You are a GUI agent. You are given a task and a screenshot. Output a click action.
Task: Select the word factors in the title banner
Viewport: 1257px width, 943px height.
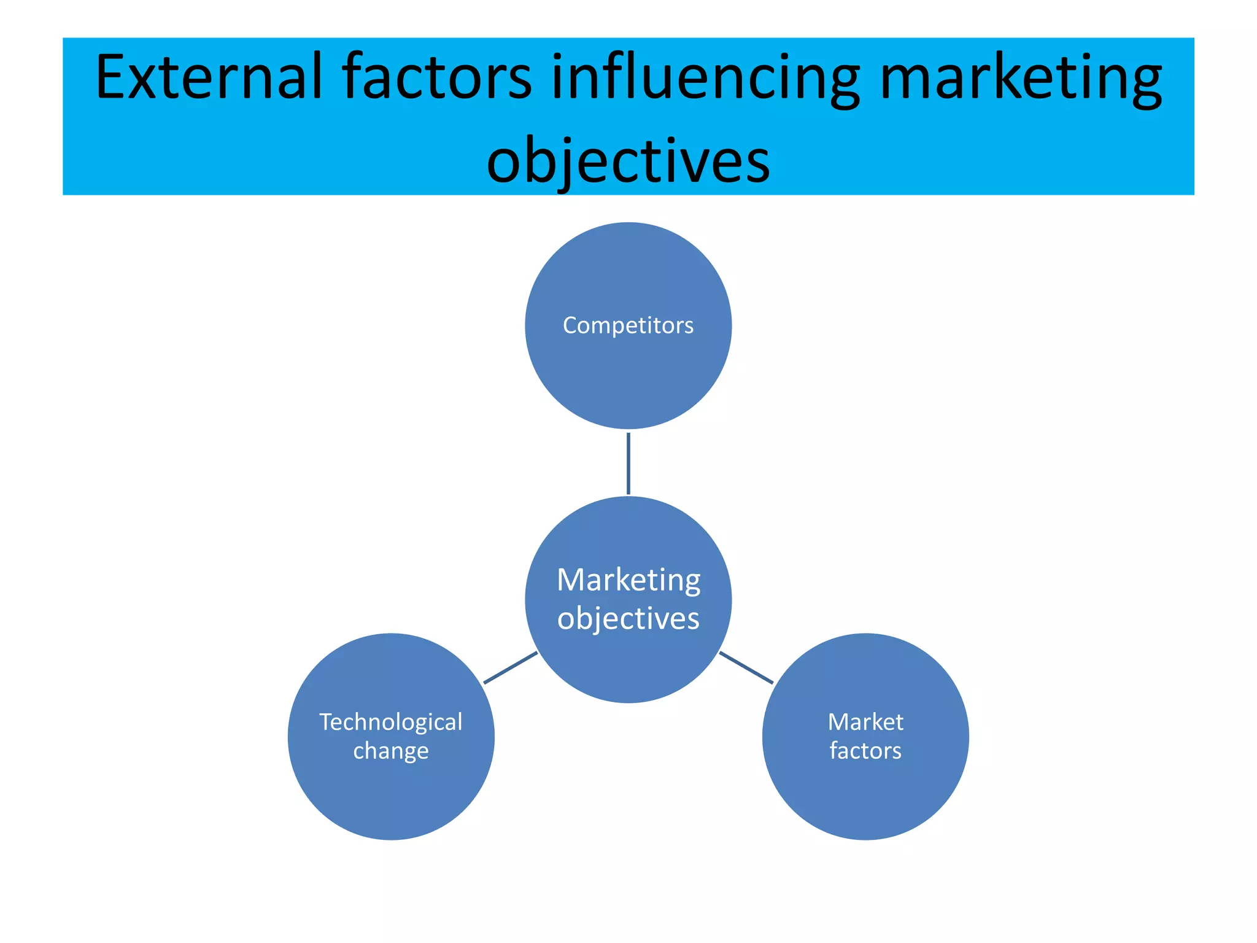tap(436, 77)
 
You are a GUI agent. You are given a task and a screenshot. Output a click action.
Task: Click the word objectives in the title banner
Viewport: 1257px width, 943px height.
tap(628, 161)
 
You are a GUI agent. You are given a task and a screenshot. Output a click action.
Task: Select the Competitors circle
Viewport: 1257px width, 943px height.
tap(628, 381)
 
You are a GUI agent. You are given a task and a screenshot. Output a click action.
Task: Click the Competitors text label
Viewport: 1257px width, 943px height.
tap(628, 325)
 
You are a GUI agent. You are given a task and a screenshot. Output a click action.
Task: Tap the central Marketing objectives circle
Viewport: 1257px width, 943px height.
tap(628, 669)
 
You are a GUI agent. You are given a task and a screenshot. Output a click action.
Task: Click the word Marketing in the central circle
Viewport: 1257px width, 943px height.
tap(628, 580)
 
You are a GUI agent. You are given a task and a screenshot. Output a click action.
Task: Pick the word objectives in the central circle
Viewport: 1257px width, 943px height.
tap(628, 619)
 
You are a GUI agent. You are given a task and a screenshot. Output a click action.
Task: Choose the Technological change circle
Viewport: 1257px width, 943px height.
tap(391, 798)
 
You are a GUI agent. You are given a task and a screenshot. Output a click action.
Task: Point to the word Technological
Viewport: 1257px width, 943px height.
tap(391, 723)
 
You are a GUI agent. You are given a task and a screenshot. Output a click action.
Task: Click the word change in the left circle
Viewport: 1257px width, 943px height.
tap(391, 751)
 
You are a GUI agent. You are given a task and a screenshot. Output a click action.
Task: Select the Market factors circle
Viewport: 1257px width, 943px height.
tap(865, 798)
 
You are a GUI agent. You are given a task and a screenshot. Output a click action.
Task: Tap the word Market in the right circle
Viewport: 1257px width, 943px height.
tap(865, 723)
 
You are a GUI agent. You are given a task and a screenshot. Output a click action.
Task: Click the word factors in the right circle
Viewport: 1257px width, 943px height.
tap(865, 751)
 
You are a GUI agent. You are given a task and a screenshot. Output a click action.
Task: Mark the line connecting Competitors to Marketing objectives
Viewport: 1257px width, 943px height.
tap(628, 464)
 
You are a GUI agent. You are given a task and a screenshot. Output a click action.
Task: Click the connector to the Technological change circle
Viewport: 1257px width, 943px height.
tap(511, 667)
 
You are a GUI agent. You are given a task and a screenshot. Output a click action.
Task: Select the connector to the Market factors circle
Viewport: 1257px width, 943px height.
tap(746, 667)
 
